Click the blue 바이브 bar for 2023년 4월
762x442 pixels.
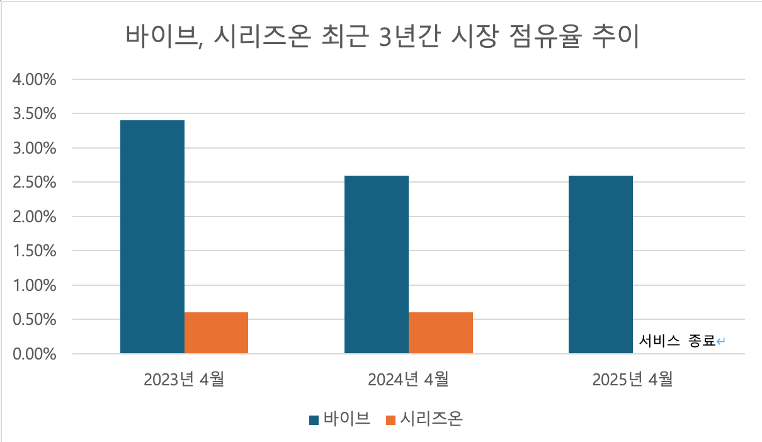[x=152, y=237]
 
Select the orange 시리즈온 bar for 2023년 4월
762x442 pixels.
[x=217, y=333]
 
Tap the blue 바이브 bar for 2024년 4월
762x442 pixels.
[x=377, y=264]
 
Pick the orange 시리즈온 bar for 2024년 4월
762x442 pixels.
[x=441, y=333]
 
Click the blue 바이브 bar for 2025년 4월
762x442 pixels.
[x=601, y=264]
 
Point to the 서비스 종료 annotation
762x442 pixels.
[x=678, y=342]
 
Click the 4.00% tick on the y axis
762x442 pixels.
[x=35, y=80]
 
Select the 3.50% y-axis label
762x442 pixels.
[x=35, y=115]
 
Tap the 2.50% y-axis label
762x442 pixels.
[x=35, y=183]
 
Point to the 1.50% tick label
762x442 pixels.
[x=35, y=251]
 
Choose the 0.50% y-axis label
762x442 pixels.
[x=35, y=320]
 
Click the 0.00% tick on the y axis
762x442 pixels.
[x=35, y=354]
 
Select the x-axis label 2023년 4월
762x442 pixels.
[x=184, y=380]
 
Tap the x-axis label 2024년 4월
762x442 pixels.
[x=408, y=380]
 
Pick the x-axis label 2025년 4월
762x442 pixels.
[x=632, y=380]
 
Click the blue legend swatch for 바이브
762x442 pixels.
[x=314, y=420]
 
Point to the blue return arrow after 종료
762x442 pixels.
[x=722, y=342]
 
